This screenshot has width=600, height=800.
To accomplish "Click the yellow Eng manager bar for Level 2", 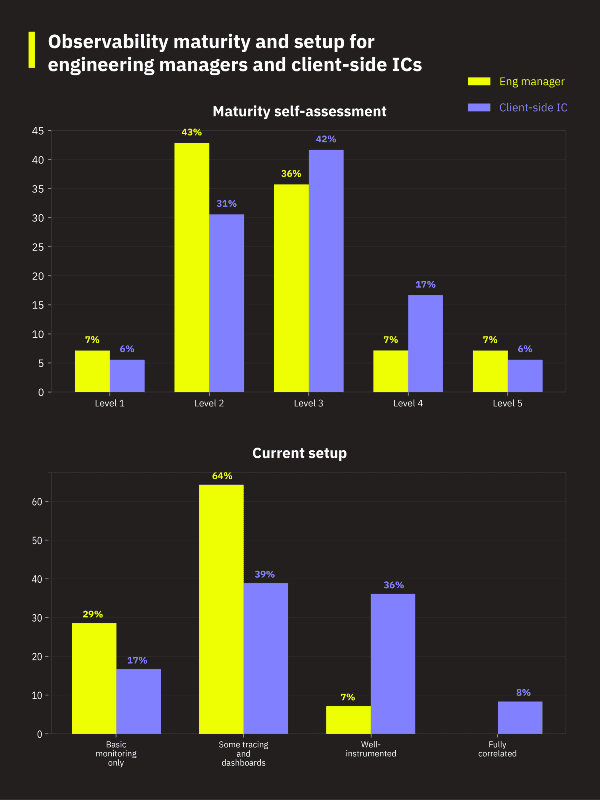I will (192, 267).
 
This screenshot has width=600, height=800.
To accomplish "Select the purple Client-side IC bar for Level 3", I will (326, 271).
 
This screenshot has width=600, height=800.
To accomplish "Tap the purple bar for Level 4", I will (425, 344).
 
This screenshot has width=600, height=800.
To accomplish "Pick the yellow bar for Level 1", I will (92, 371).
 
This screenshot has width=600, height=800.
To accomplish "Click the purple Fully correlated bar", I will (520, 718).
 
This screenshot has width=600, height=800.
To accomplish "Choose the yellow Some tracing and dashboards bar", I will (221, 609).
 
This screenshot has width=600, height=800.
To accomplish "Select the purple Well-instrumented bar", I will (393, 664).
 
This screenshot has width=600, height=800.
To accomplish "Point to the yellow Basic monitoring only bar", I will (94, 678).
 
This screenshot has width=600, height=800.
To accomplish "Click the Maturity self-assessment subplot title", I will (299, 111).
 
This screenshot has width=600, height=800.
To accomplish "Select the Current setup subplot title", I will (299, 453).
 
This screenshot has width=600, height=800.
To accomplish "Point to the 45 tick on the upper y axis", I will (38, 131).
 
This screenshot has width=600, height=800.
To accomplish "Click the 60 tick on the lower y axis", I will (37, 502).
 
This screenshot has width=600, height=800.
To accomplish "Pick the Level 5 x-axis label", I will (507, 403).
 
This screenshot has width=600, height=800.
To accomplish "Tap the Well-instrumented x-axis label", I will (371, 749).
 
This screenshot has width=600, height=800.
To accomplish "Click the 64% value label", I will (222, 476).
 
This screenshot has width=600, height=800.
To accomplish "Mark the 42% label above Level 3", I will (326, 139).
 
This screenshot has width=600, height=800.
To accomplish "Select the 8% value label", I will (523, 693).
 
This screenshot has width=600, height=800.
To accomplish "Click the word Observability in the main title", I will (108, 42).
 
